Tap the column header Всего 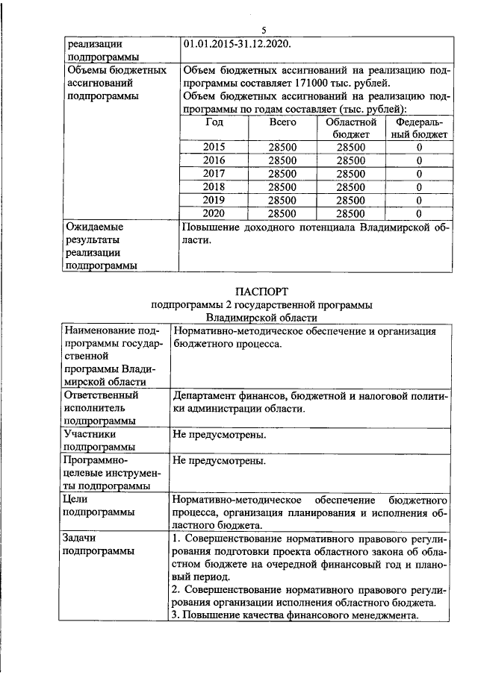point(282,122)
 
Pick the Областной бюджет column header point(351,128)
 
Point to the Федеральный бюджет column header point(420,128)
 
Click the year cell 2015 point(214,148)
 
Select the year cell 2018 point(214,186)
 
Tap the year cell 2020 point(214,213)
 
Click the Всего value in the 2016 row point(282,160)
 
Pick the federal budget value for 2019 point(420,200)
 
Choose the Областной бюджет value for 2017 point(351,174)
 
